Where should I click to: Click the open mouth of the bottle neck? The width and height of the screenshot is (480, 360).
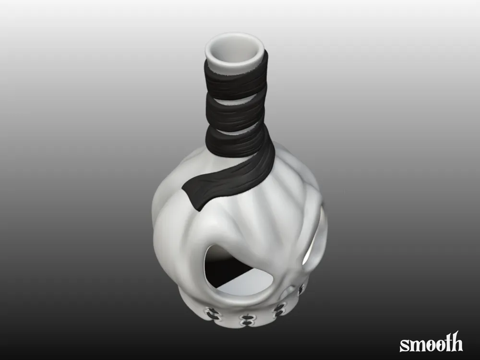tap(234, 50)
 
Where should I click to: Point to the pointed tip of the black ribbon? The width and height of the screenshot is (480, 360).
tap(198, 209)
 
